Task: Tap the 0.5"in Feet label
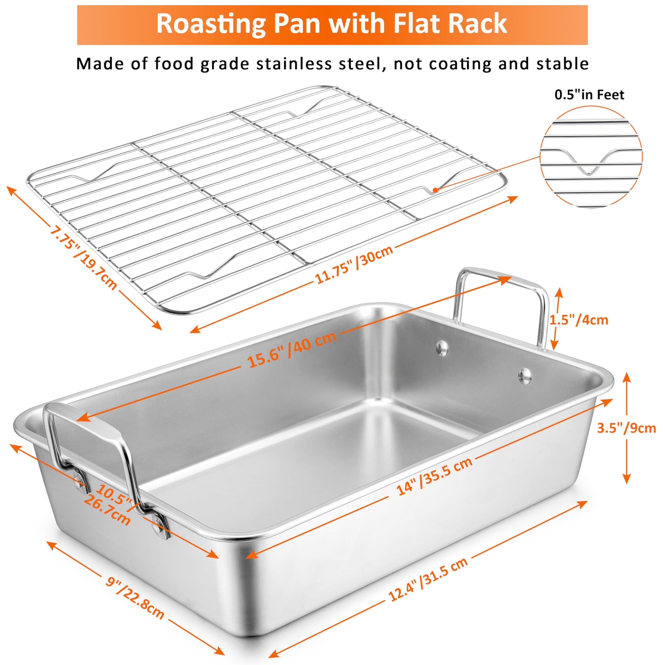[589, 95]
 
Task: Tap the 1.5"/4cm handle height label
[579, 320]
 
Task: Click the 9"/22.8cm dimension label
[135, 584]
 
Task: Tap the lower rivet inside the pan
[525, 376]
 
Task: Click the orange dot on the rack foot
[435, 190]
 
